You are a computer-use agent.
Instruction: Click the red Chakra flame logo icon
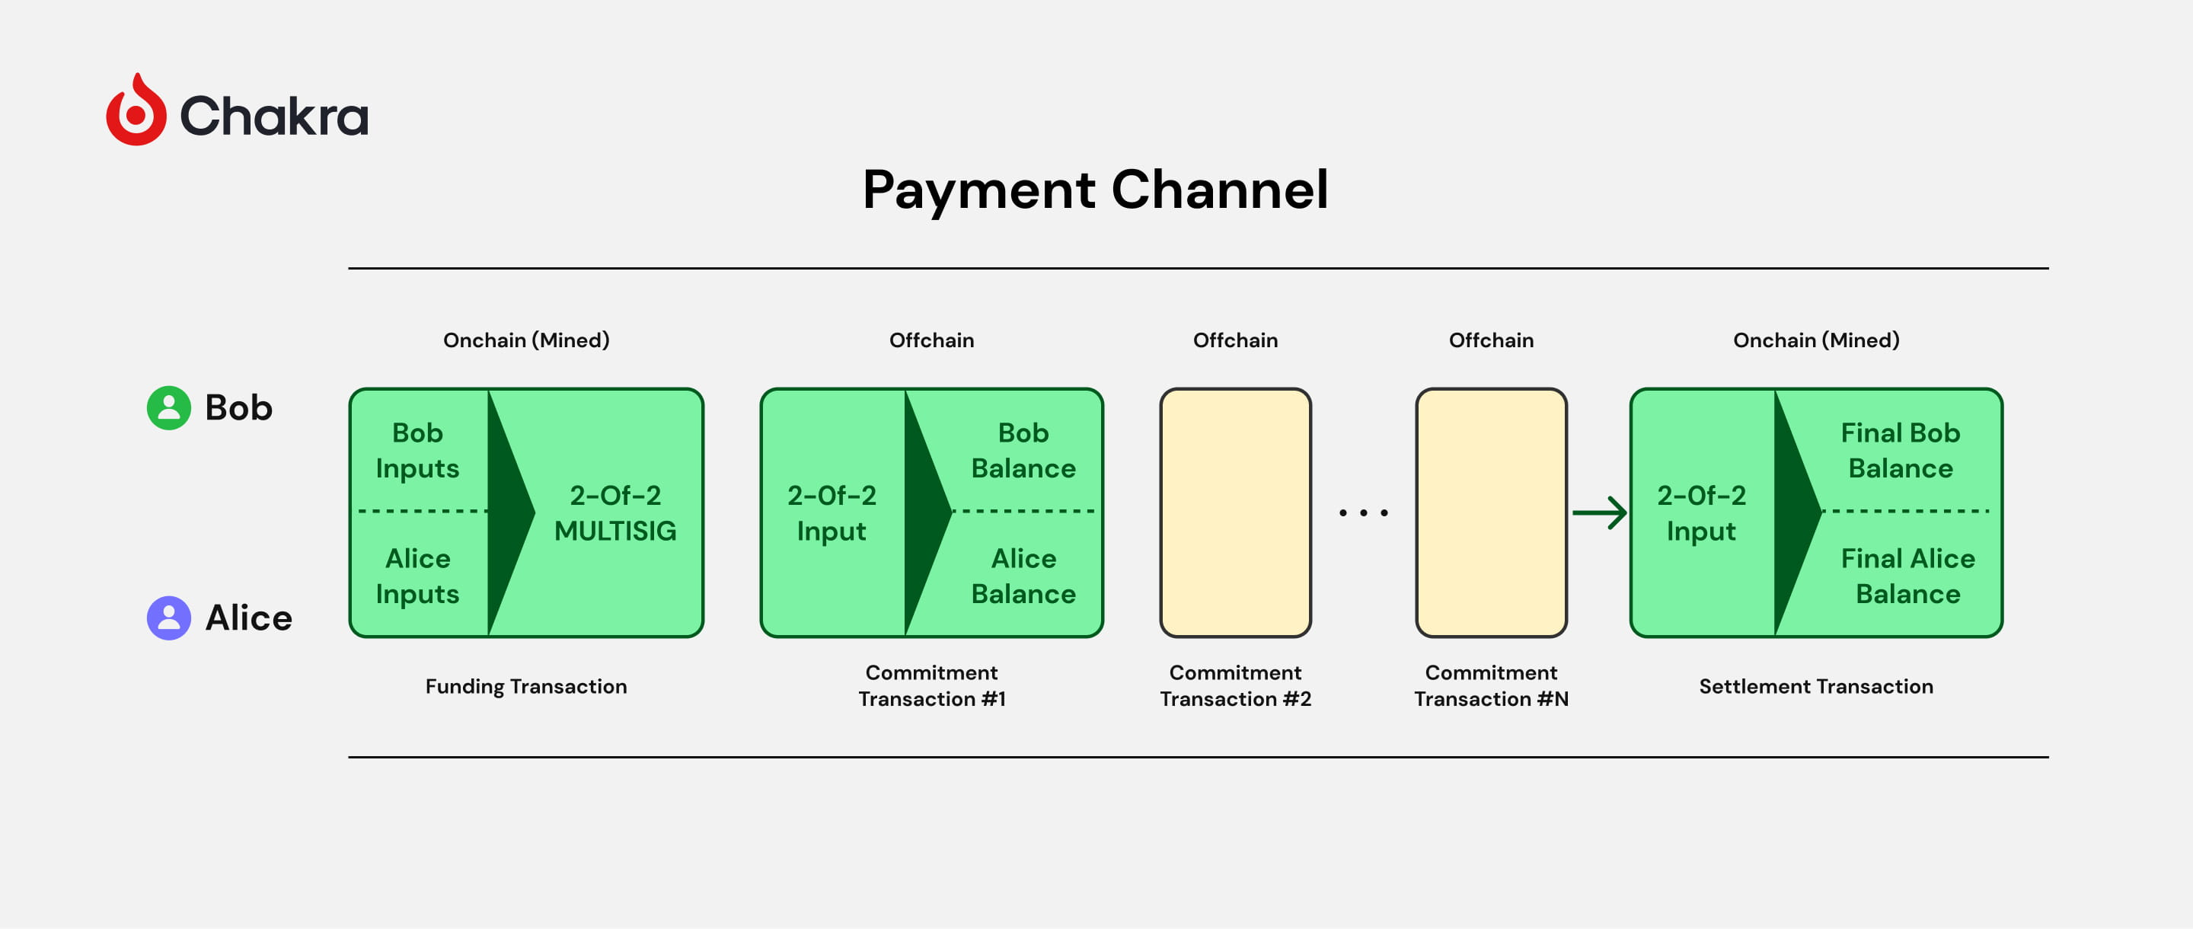136,110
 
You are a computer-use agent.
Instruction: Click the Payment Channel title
1095,190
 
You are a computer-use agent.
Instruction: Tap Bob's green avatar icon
168,408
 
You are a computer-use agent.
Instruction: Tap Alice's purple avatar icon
168,618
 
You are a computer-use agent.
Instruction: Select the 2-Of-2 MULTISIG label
614,512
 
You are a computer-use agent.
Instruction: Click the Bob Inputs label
417,451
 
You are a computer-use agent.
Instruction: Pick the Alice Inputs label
417,576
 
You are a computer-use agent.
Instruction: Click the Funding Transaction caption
526,686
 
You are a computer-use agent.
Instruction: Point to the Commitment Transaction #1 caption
931,685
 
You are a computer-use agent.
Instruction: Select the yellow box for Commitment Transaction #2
1235,512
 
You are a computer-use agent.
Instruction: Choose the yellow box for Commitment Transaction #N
1491,512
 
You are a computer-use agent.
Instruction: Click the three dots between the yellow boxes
1363,512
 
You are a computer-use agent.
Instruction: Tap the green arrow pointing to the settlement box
1600,512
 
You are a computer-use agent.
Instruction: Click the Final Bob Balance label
1900,451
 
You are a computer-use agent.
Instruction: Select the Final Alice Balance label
1907,576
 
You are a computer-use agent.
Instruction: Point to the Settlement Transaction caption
1816,686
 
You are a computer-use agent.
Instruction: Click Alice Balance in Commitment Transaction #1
1023,576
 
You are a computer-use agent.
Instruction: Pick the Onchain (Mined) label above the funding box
526,340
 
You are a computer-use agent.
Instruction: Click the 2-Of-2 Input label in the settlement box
1701,512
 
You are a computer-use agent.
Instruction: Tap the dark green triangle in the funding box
509,512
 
